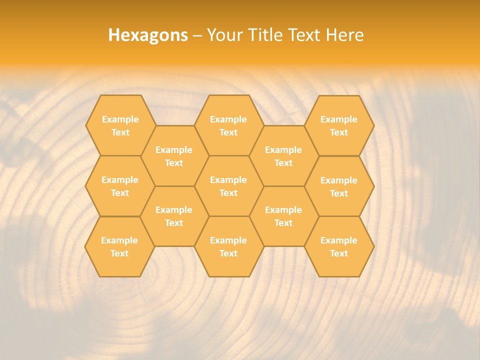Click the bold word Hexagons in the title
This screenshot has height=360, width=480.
point(148,35)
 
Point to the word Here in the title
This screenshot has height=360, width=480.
point(345,35)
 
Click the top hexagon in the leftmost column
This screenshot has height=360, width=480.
point(120,125)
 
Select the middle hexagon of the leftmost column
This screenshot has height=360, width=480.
point(120,186)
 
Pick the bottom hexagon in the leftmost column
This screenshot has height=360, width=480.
point(119,246)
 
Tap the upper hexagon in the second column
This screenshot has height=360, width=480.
point(174,156)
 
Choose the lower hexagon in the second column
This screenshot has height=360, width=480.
point(174,216)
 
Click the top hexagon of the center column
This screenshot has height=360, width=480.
point(228,125)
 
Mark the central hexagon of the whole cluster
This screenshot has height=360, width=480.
point(228,186)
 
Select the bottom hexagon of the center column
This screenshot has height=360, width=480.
point(228,246)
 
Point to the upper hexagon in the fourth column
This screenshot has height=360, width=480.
point(283,156)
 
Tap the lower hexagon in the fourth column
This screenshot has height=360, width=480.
point(283,216)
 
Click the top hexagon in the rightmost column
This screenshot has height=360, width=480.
point(339,125)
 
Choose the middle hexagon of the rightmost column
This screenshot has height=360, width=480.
point(339,186)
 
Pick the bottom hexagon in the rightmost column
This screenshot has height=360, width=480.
point(339,246)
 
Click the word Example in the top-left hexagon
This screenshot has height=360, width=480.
point(120,119)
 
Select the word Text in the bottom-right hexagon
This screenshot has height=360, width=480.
point(339,253)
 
